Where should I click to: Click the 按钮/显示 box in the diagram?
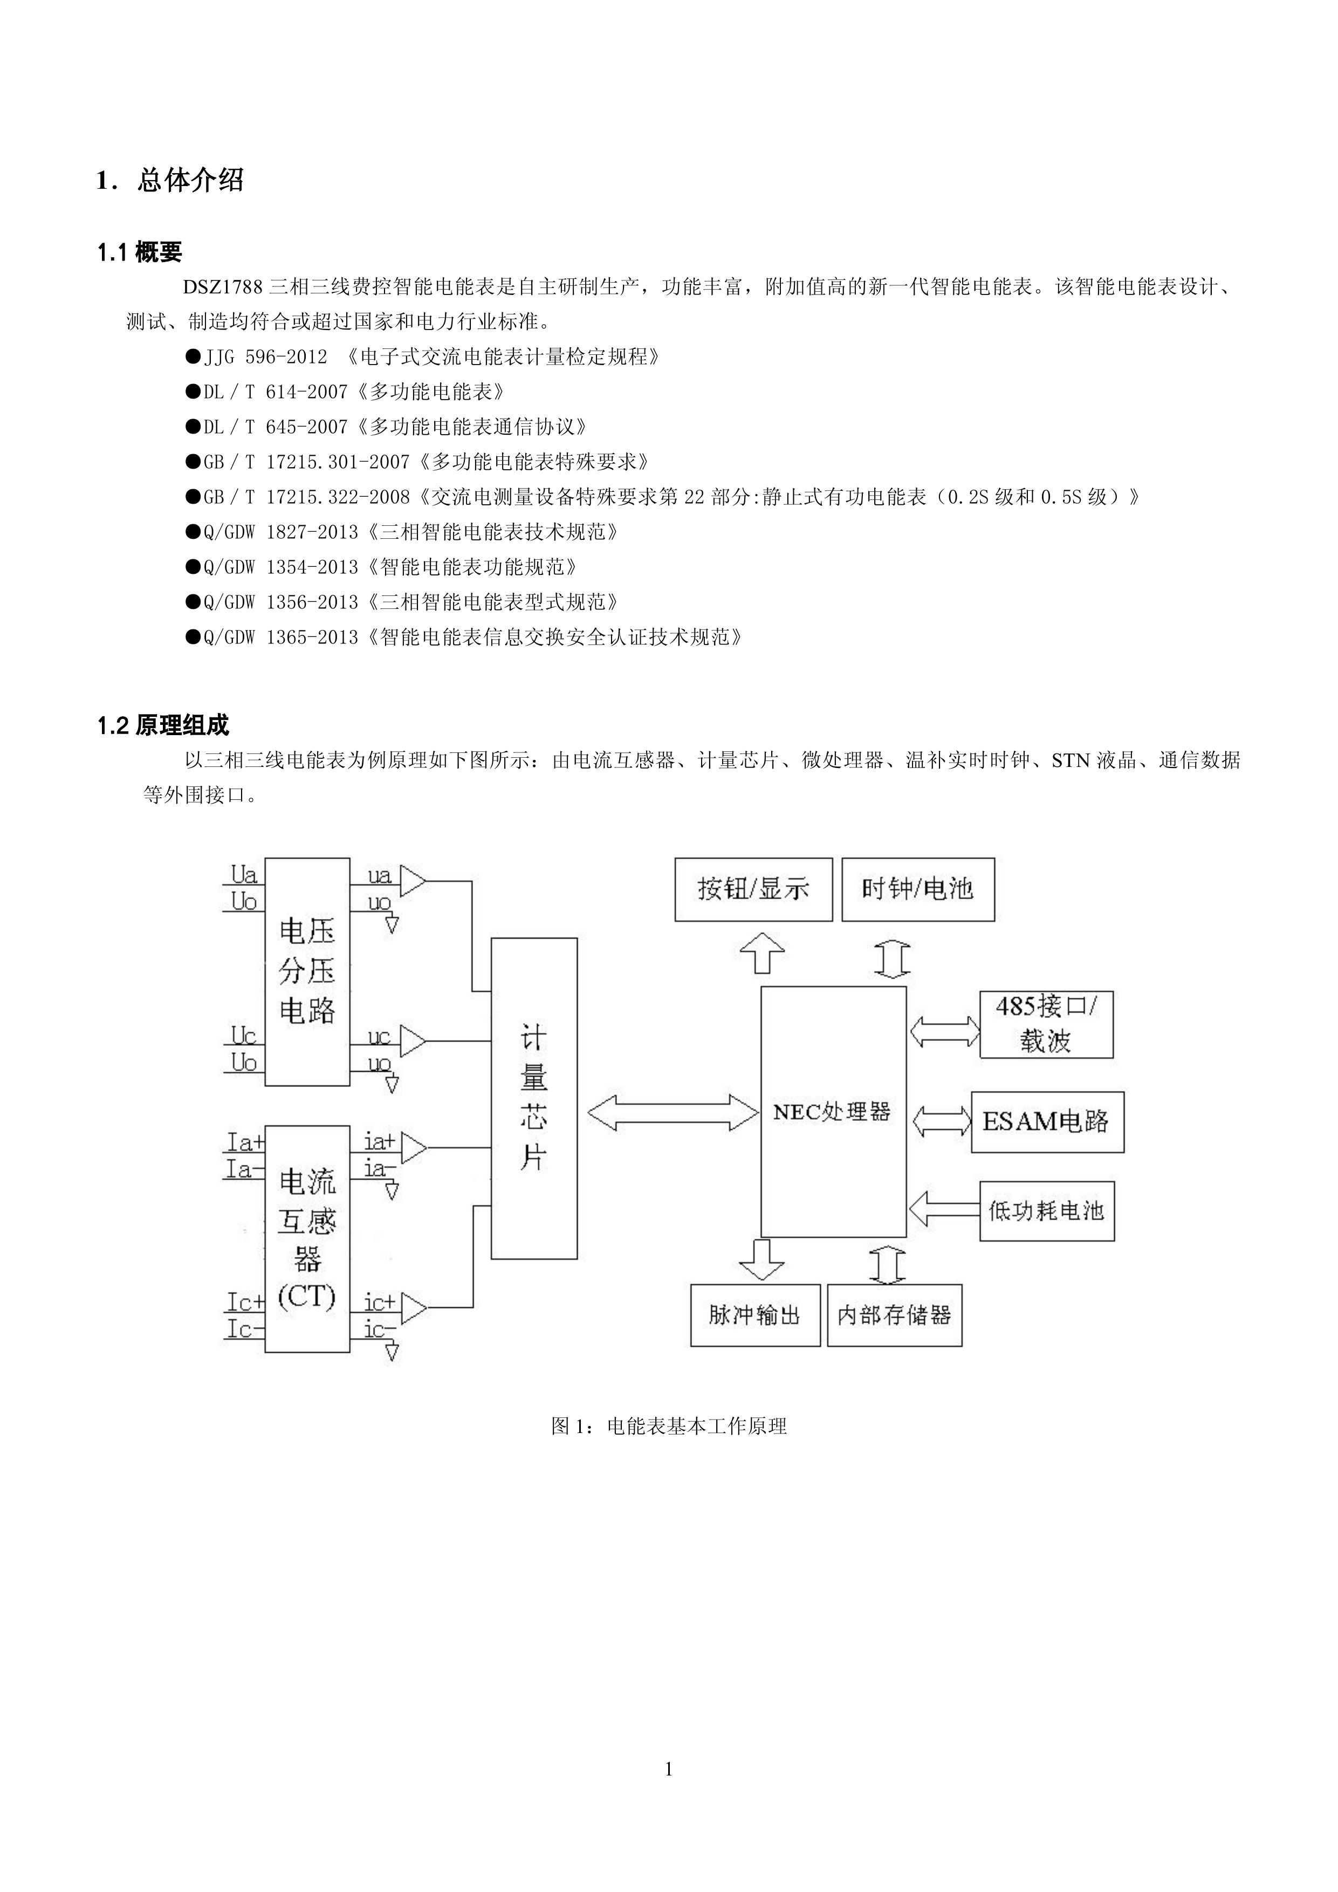[753, 889]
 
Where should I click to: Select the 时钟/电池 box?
[918, 889]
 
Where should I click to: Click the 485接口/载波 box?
[1046, 1024]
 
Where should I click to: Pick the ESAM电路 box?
[1047, 1121]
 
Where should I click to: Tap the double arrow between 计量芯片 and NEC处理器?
[673, 1113]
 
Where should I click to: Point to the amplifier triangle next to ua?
[413, 880]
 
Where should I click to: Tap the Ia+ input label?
[245, 1141]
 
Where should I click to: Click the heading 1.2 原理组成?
[163, 725]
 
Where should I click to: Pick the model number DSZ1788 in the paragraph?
[222, 287]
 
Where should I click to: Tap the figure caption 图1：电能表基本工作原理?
[669, 1425]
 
